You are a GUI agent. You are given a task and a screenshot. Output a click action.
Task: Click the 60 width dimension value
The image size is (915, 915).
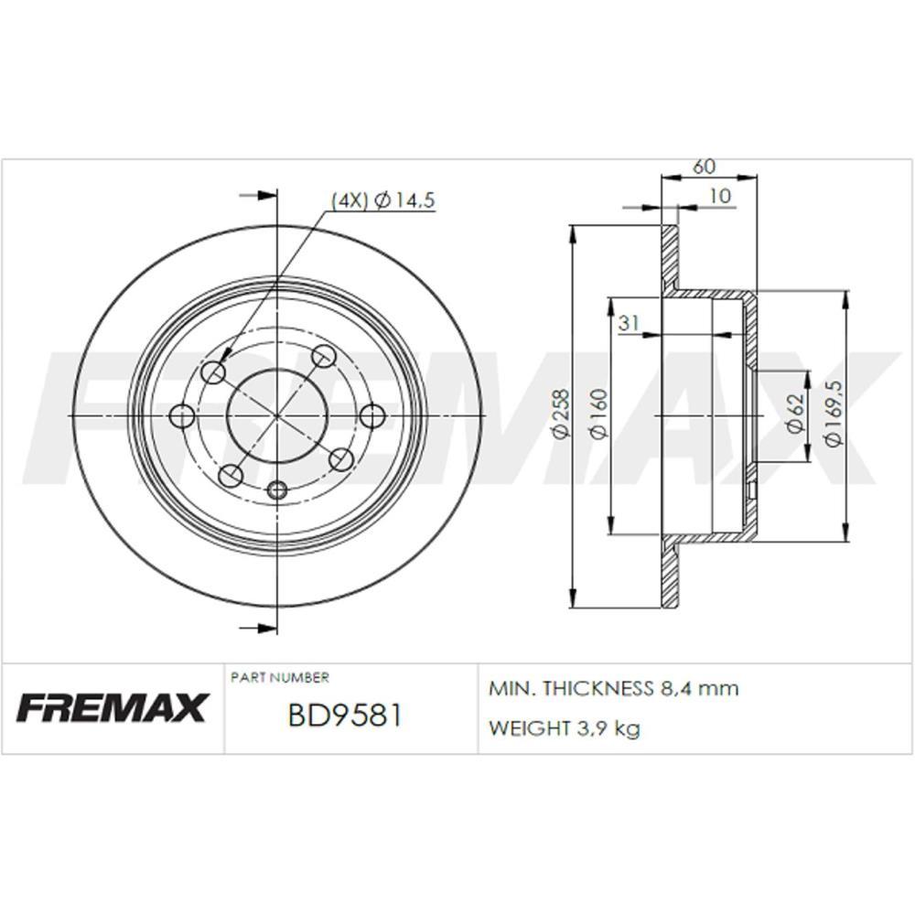[705, 167]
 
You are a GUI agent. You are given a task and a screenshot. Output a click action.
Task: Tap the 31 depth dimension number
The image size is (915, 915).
[628, 322]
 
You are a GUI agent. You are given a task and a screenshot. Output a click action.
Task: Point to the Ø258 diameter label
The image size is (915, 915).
[562, 416]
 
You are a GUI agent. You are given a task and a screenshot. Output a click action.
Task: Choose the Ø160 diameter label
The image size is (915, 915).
[598, 416]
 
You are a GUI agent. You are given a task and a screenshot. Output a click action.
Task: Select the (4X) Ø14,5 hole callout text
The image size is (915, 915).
[382, 200]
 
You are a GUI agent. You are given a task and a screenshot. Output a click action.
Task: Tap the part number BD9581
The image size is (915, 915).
[344, 715]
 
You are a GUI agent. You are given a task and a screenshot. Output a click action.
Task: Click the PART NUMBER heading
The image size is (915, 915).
[279, 678]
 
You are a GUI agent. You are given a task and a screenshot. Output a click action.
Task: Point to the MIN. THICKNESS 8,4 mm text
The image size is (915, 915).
[614, 688]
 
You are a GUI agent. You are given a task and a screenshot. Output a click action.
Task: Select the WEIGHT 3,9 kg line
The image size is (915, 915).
[565, 728]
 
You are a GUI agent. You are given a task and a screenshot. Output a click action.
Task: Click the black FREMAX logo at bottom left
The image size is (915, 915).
[113, 706]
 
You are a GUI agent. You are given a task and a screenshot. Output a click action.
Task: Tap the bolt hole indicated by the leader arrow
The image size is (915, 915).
[213, 371]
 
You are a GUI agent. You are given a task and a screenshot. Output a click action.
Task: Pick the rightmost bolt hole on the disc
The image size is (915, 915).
[371, 416]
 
